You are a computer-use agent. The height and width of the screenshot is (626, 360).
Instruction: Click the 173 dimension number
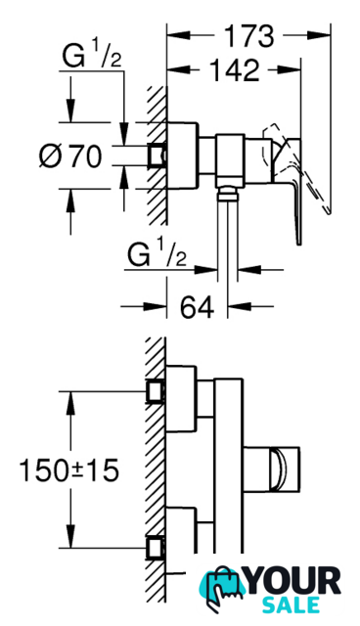click(248, 36)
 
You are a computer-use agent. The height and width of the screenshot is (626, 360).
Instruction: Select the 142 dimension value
click(234, 70)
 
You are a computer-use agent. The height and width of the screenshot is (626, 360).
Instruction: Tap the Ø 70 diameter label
click(70, 156)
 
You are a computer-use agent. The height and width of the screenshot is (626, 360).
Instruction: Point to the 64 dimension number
click(197, 306)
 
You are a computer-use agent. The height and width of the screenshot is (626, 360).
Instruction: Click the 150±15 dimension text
click(68, 469)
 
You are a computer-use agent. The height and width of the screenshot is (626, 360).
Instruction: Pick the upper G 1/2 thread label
click(91, 58)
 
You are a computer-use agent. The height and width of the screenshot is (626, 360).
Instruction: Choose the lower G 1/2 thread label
click(157, 256)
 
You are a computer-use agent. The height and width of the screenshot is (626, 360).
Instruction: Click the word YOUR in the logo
click(294, 581)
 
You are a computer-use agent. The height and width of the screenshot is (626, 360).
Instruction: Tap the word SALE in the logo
click(291, 604)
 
